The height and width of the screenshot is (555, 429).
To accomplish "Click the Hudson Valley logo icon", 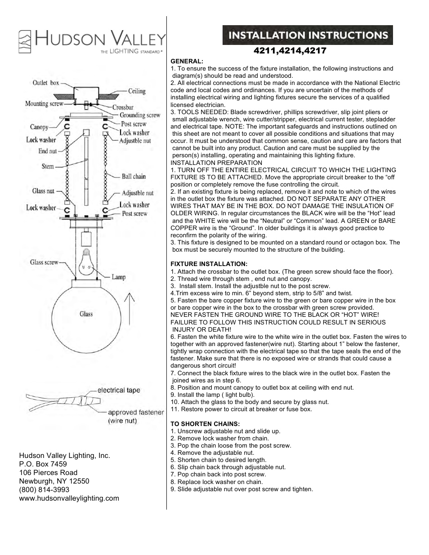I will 25,42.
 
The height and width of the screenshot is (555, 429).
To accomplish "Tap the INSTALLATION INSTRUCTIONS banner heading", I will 308,36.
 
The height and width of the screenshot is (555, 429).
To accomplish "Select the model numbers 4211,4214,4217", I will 290,51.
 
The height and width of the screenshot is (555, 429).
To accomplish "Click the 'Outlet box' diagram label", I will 45,83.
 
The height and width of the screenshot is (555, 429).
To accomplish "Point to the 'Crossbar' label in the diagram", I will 123,107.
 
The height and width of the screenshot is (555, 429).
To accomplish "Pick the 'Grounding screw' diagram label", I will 139,115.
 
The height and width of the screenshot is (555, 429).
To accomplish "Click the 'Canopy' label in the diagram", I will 39,127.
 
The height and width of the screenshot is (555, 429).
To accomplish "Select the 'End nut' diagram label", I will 48,151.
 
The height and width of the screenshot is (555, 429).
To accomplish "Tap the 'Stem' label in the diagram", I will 48,166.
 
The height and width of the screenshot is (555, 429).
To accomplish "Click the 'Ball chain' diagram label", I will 134,177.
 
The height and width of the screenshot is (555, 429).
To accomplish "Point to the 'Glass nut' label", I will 43,191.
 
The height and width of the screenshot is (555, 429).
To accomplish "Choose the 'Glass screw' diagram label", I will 44,262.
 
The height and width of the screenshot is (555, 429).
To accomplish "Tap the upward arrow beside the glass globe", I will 130,308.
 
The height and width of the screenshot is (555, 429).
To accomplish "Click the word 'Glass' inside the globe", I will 86,314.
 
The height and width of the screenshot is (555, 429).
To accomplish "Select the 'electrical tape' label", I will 119,390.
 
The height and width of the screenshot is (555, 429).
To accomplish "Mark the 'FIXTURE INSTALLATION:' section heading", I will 209,264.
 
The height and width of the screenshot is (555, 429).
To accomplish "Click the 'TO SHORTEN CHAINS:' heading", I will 205,424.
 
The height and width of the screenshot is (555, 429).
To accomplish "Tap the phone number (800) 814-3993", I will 44,490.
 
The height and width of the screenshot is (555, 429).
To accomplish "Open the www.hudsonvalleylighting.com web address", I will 69,498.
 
